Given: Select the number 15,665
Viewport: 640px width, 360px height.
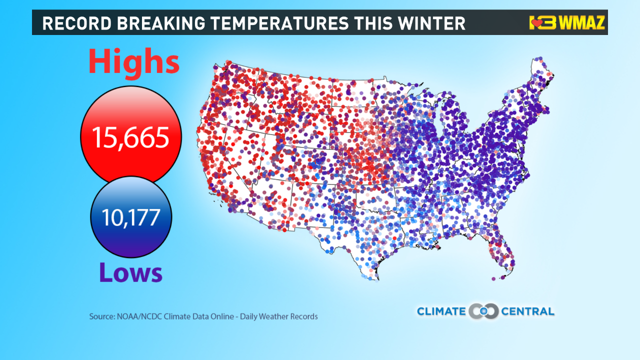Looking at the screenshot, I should [130, 137].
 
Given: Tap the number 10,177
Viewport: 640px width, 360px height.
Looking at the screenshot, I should [130, 217].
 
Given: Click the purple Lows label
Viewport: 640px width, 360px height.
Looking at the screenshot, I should [130, 273].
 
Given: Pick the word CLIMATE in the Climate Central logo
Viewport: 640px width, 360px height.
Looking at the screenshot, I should [441, 311].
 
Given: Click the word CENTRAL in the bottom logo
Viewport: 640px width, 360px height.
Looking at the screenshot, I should [527, 311].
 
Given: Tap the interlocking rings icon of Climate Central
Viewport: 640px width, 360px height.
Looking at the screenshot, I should [483, 311].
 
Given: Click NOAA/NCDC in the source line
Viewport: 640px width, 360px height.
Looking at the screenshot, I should [135, 316].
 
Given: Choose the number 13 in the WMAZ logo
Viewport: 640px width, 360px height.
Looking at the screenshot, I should [540, 23].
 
